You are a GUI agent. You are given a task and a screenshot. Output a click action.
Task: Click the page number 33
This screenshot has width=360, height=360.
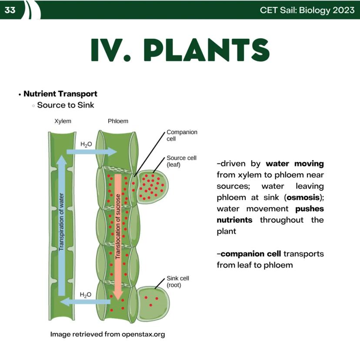(10, 10)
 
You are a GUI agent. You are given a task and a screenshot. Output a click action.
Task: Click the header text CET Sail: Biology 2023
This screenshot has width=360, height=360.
(307, 10)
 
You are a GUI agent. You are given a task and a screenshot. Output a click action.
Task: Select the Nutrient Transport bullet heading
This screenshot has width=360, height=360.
(60, 93)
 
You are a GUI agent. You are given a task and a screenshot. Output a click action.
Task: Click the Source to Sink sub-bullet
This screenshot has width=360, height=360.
(66, 105)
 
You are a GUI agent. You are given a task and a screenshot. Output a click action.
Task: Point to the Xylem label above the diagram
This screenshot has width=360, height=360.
(63, 121)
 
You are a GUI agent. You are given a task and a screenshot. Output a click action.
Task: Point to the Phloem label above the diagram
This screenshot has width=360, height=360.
(118, 121)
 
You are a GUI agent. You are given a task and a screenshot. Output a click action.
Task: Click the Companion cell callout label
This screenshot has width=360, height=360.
(182, 135)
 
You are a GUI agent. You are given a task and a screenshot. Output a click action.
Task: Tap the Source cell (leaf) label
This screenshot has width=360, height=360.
(181, 161)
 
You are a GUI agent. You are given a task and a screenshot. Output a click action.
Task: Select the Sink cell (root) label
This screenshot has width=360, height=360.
(178, 282)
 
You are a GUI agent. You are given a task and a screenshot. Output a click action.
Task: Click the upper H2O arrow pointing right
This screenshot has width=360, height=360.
(92, 151)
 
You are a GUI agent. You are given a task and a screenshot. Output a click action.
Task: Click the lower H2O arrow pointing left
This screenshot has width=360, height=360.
(86, 301)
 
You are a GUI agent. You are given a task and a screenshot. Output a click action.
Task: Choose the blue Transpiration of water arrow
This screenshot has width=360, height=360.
(61, 226)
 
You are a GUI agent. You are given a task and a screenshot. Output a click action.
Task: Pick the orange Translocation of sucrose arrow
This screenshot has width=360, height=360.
(118, 235)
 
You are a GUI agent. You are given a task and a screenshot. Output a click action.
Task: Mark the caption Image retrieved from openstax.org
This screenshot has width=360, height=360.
(107, 334)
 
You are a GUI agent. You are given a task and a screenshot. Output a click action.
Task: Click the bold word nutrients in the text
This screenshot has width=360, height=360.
(234, 220)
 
